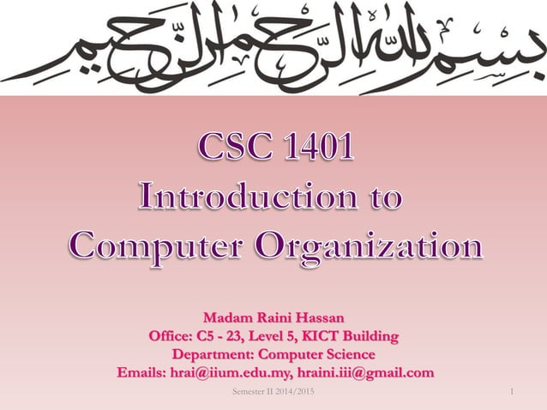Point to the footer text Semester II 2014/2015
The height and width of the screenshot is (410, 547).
273,393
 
